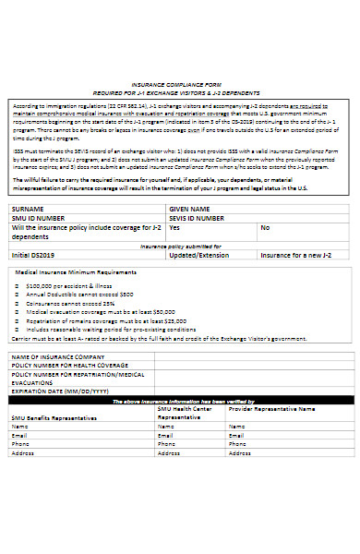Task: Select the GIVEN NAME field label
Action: click(190, 209)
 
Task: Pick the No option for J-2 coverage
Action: click(265, 226)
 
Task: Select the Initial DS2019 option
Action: click(33, 255)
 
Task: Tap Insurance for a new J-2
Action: click(297, 255)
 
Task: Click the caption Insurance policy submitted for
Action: click(180, 246)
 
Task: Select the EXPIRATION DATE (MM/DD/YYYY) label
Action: click(55, 391)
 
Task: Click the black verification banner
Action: click(180, 402)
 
